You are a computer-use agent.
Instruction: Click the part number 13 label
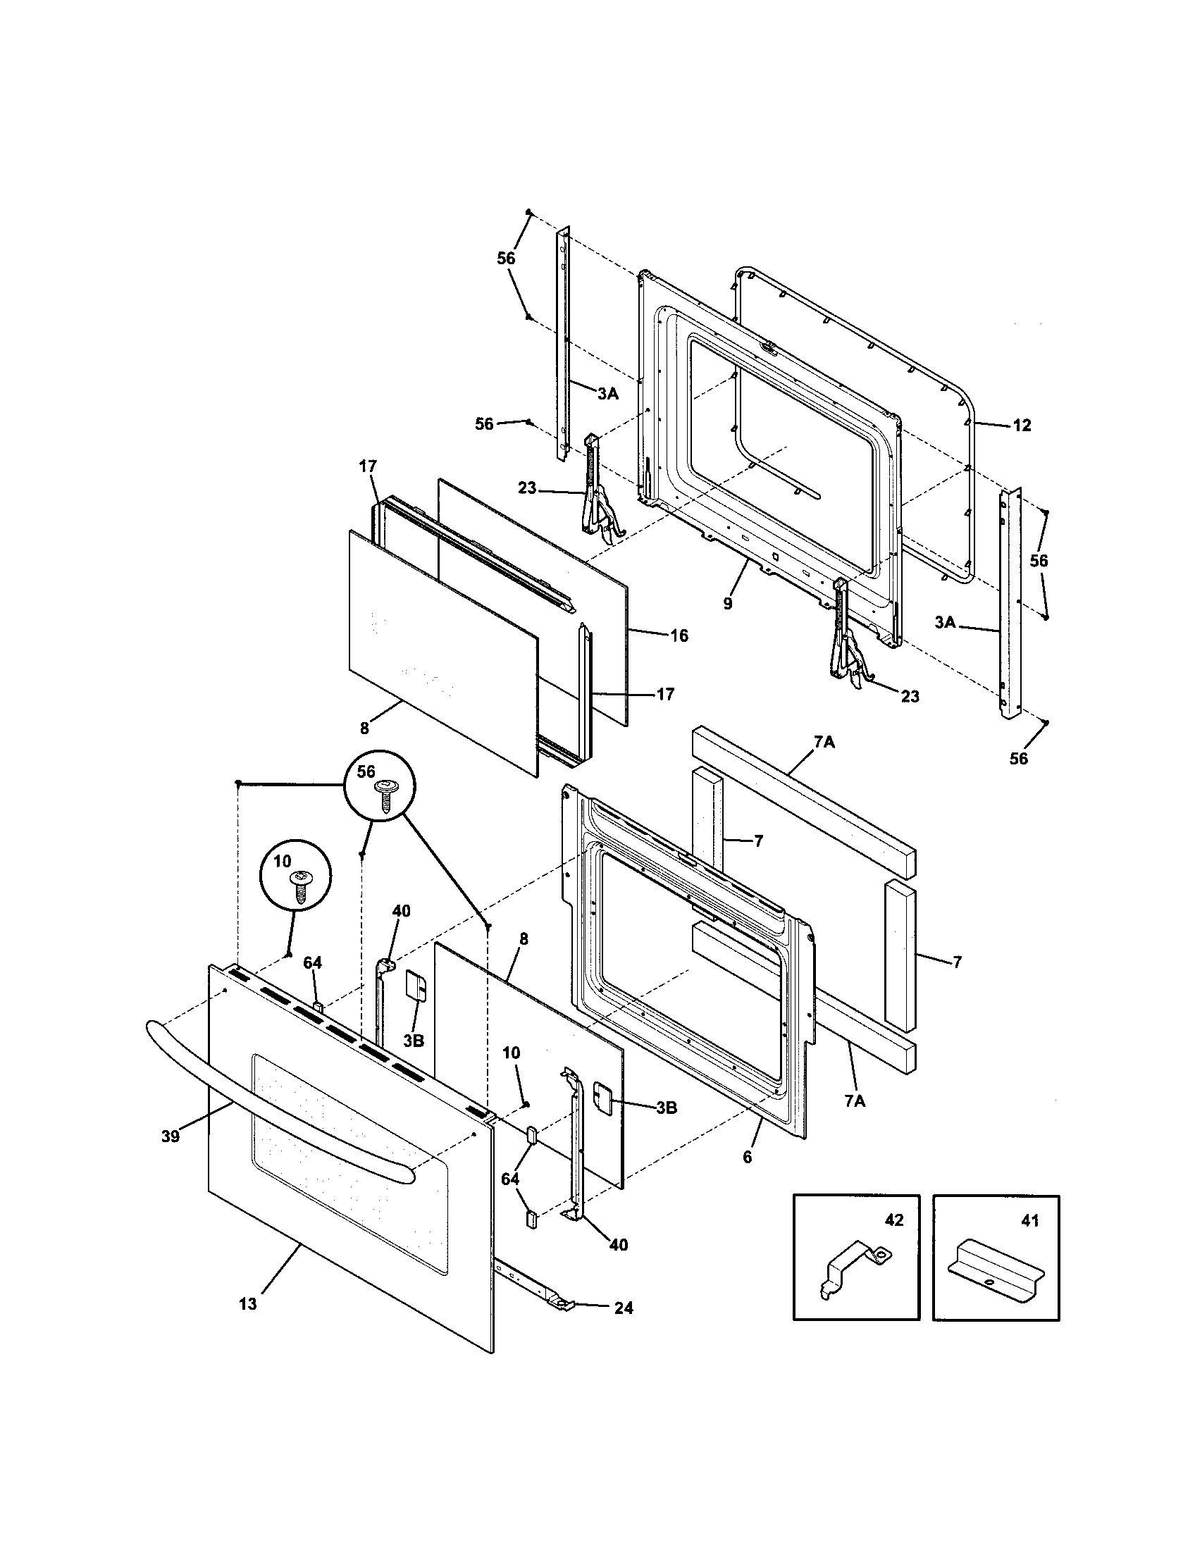(247, 1304)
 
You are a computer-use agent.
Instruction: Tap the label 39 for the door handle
(170, 1136)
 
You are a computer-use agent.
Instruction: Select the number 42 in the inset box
(893, 1220)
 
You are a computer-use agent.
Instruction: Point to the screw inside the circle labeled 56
(388, 795)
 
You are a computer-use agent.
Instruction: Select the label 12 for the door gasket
(1021, 425)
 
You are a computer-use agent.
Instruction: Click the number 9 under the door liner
(727, 604)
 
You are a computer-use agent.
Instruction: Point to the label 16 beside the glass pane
(679, 635)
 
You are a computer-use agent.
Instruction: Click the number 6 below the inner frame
(746, 1158)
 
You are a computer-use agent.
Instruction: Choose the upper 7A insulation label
(824, 743)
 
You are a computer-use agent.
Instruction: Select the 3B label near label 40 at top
(413, 1041)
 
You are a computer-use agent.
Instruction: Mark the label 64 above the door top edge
(312, 962)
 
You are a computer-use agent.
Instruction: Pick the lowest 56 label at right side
(1018, 759)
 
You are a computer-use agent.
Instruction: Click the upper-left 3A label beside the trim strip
(607, 395)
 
